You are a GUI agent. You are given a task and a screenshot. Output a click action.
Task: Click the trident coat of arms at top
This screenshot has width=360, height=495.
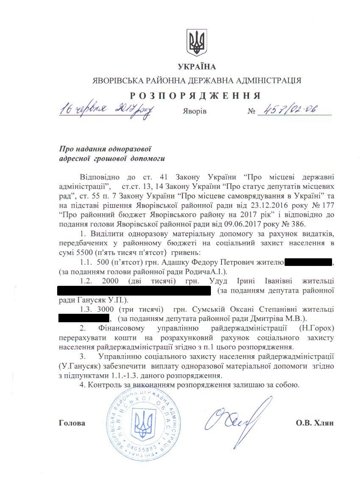[196, 41]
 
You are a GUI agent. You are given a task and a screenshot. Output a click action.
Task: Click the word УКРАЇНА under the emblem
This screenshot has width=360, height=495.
[197, 66]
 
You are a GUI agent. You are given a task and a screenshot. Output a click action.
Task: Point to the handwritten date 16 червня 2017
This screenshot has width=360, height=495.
[107, 109]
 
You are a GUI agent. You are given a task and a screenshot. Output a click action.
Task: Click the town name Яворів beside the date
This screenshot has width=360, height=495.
[195, 111]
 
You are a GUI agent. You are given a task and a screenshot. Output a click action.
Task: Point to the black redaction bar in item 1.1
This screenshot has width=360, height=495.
[308, 263]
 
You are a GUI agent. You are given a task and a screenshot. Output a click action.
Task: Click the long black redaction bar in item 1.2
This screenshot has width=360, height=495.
[134, 290]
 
